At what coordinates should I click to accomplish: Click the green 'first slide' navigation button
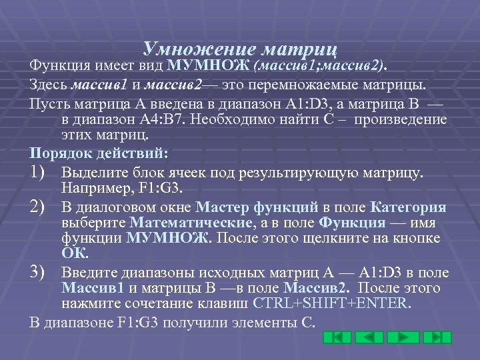pos(337,337)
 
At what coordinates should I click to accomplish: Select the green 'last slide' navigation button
pos(438,337)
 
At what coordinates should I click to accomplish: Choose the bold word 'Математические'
pos(189,223)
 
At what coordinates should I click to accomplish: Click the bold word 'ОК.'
pos(73,254)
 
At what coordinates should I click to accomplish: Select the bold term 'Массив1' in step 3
pos(87,288)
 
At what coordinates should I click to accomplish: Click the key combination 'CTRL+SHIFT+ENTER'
pos(331,303)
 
